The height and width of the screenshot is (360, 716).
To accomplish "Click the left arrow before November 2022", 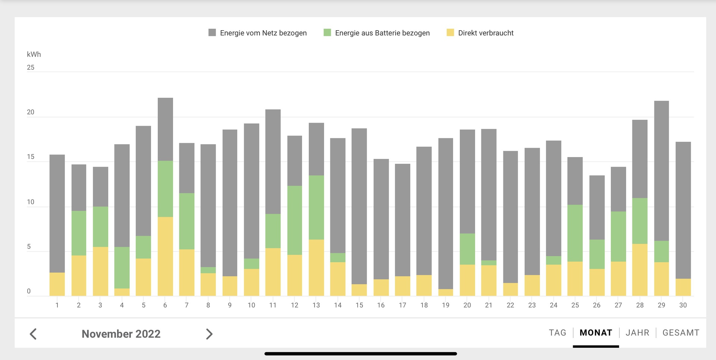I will [33, 334].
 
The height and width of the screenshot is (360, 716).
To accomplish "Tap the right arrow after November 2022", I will [209, 334].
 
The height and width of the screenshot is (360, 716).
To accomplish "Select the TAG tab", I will [557, 332].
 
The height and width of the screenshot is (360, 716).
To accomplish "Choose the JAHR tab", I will [637, 332].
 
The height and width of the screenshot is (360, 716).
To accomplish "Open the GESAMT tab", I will [681, 332].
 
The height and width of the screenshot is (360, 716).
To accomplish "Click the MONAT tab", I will [596, 332].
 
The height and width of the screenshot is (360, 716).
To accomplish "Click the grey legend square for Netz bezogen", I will [212, 32].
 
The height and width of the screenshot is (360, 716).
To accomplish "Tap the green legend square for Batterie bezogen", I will [327, 32].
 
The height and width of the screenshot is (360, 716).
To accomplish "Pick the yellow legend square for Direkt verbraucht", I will [450, 32].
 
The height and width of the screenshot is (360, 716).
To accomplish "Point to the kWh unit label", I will [34, 54].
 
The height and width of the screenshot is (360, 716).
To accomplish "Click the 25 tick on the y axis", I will [31, 68].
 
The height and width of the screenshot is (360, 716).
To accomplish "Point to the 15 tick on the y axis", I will [31, 157].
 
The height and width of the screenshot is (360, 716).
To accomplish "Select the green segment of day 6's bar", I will [165, 189].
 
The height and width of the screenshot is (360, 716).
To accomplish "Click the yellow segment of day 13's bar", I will [316, 267].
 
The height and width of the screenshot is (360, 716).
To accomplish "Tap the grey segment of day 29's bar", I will [661, 170].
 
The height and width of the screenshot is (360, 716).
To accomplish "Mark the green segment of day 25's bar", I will [575, 233].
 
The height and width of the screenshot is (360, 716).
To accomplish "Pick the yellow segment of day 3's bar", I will [100, 271].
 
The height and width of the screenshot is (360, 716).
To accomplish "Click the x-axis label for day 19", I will [446, 305].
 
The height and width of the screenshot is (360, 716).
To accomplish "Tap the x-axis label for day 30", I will [683, 305].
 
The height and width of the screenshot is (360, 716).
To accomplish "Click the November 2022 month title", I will [121, 334].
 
